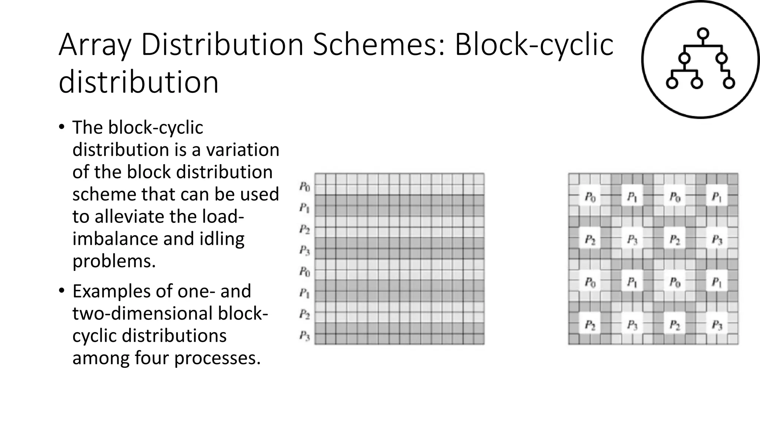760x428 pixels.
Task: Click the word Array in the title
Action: pos(95,45)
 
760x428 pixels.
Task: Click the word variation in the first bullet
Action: pos(243,150)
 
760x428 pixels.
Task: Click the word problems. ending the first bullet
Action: pos(114,261)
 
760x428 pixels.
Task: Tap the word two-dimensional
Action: pos(143,313)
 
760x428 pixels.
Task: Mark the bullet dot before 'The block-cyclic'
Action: pos(62,127)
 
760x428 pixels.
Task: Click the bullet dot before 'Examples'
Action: pos(62,291)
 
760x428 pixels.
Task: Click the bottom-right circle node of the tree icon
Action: pos(729,83)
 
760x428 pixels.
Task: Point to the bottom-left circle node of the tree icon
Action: pos(672,83)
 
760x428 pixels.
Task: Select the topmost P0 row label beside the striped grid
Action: pos(305,187)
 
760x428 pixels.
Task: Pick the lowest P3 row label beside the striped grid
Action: pos(305,336)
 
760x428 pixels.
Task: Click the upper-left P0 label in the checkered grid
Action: pos(590,197)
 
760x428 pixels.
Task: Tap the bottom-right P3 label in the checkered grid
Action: pos(717,326)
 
